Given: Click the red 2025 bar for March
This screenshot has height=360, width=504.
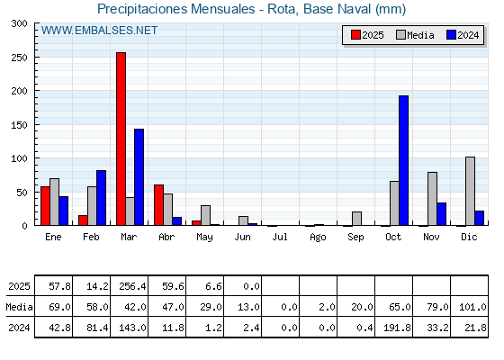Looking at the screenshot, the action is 121,139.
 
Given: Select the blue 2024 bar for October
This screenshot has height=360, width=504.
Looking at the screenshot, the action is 404,160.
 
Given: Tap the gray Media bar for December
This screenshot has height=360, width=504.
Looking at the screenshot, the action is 470,191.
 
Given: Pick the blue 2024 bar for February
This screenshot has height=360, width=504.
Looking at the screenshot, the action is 101,198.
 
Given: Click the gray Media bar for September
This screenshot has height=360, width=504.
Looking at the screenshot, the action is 356,219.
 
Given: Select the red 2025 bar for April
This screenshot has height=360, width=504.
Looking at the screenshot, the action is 158,205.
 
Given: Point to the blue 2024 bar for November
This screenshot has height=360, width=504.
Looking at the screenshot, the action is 441,214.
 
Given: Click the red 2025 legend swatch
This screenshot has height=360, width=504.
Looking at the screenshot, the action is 355,35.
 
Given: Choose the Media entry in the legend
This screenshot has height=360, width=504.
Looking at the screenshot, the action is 415,35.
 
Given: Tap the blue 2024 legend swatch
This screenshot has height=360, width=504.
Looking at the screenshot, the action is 451,35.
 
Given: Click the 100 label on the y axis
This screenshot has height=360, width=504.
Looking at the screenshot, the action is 19,158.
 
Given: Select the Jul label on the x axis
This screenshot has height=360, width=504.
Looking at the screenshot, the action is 280,237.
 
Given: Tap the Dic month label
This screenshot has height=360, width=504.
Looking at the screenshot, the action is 469,237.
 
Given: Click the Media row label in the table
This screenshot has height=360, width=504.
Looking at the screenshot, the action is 19,307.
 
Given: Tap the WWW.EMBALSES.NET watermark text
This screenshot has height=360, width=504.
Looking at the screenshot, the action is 99,31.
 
